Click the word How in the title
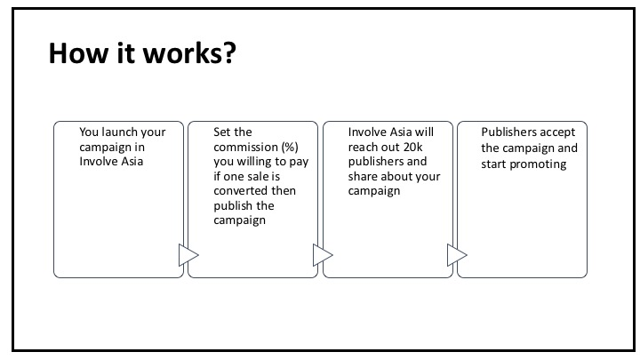pyautogui.click(x=78, y=53)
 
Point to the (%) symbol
pyautogui.click(x=290, y=147)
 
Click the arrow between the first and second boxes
pyautogui.click(x=188, y=255)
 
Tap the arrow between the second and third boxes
pyautogui.click(x=323, y=255)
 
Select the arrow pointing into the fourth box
pyautogui.click(x=457, y=255)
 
